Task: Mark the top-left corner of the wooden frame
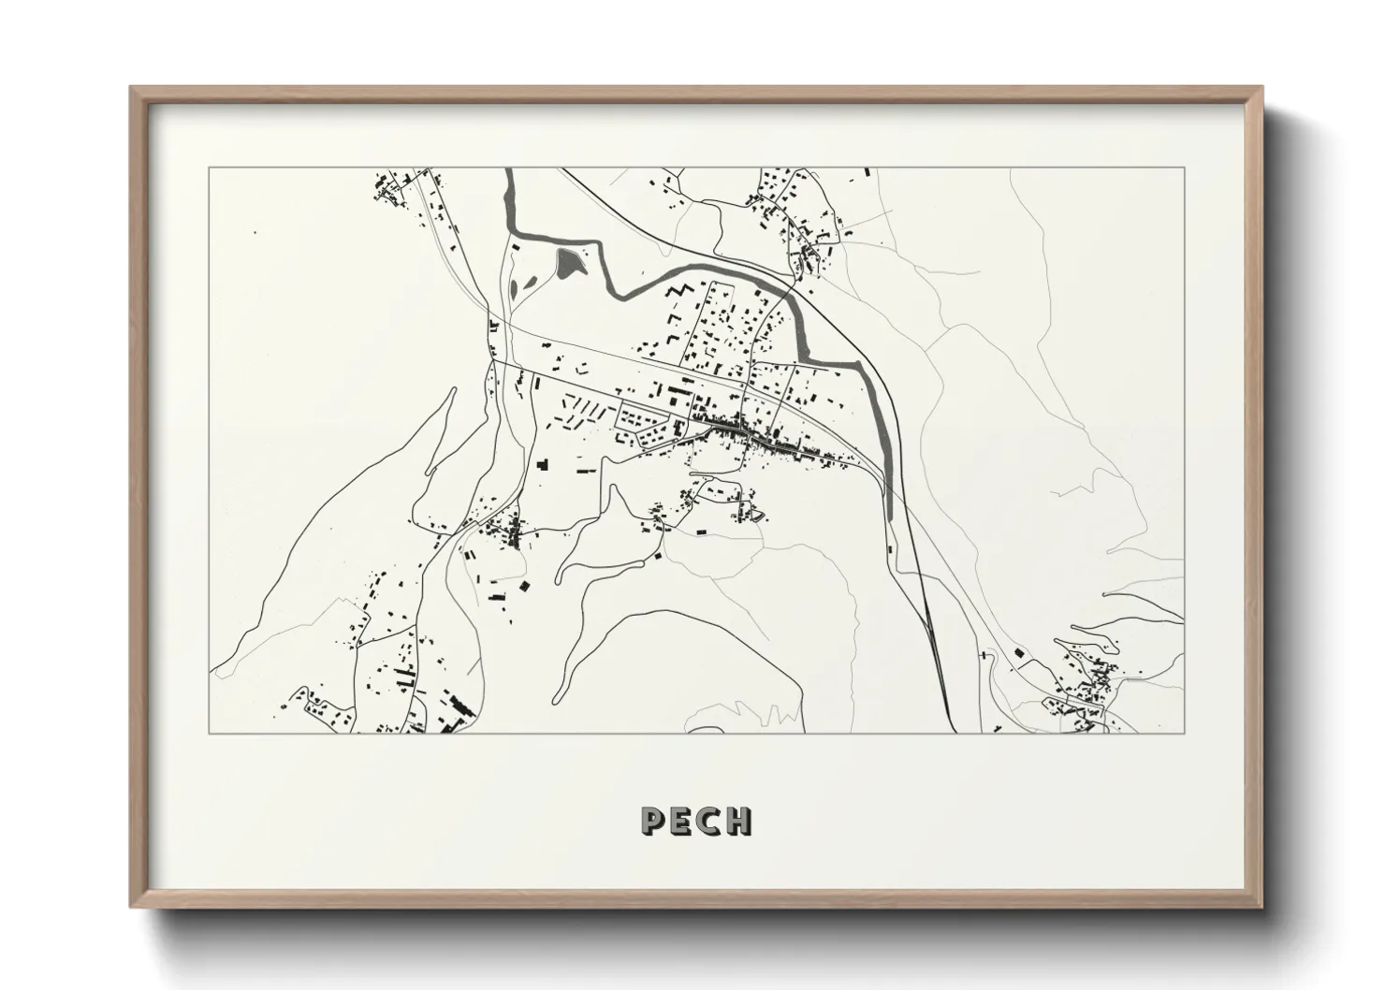point(132,88)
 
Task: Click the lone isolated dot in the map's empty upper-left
point(254,232)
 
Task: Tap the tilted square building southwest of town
point(524,587)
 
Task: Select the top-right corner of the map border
point(1184,167)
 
